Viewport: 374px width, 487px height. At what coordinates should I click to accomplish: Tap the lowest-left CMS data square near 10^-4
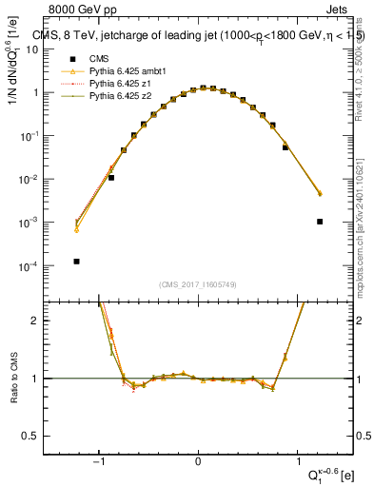pyautogui.click(x=76, y=262)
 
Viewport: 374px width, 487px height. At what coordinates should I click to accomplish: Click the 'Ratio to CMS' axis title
pyautogui.click(x=12, y=380)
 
